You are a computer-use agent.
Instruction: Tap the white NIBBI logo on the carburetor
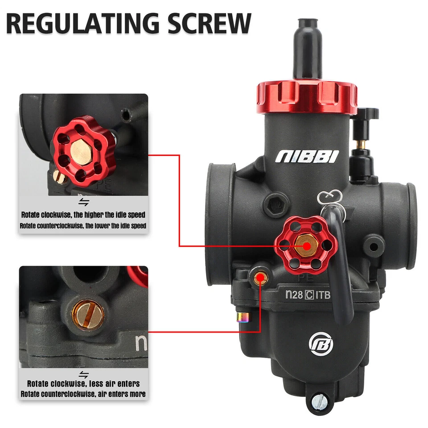(307, 156)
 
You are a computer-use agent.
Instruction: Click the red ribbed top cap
(307, 96)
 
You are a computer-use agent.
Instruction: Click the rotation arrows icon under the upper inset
(83, 203)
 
